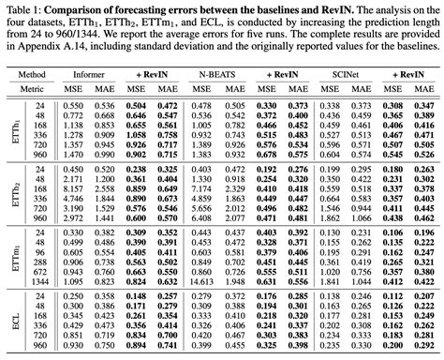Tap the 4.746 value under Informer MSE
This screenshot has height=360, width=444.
click(77, 198)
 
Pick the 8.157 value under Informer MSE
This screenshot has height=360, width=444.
click(77, 217)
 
